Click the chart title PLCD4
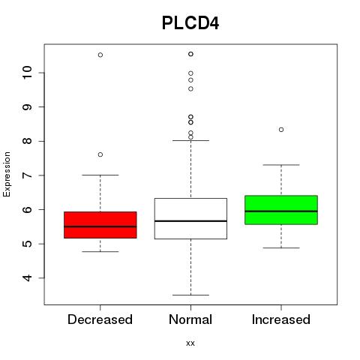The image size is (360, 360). click(190, 23)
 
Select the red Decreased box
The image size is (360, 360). click(100, 225)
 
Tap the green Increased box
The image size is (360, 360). click(281, 210)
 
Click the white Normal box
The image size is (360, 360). click(190, 218)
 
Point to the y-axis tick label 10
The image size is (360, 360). click(27, 73)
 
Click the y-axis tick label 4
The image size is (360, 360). click(27, 277)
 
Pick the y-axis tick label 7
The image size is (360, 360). click(27, 175)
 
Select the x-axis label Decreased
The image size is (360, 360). click(100, 319)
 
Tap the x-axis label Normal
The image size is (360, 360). click(190, 319)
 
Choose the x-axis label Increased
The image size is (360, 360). click(281, 319)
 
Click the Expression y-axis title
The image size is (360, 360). click(7, 174)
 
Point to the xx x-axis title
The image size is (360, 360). click(190, 343)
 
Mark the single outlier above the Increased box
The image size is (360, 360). click(281, 130)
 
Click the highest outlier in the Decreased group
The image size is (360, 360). click(100, 55)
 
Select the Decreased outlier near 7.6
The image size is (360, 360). click(100, 154)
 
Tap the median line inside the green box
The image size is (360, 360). click(281, 211)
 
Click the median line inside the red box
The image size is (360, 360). click(100, 226)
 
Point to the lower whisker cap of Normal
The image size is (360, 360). click(190, 295)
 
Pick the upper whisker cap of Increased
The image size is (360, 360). click(281, 165)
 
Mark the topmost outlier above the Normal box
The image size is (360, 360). click(190, 54)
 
